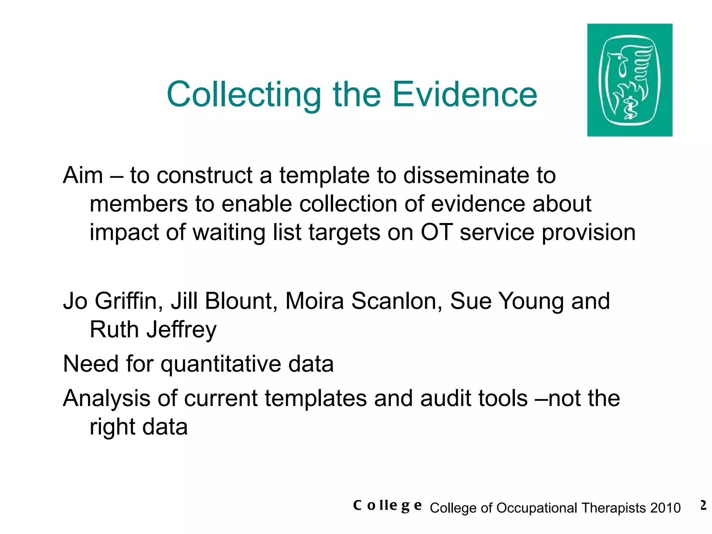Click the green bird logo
(630, 80)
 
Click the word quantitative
(220, 364)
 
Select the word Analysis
(106, 399)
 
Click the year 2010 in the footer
(665, 508)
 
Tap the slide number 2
(703, 505)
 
